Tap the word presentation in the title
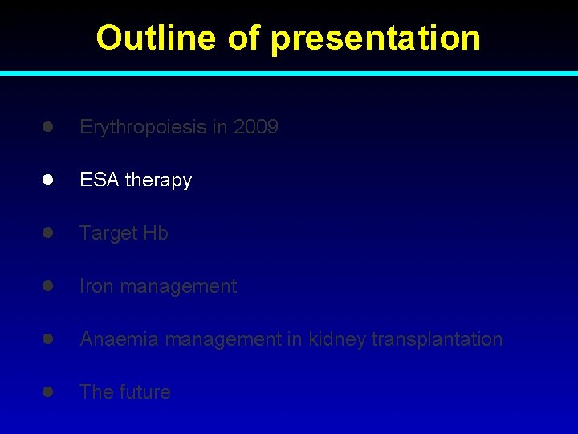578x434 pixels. [x=376, y=38]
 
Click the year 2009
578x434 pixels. [x=256, y=127]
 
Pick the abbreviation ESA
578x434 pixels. [x=98, y=180]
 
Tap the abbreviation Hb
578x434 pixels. [x=156, y=233]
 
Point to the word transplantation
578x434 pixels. [x=438, y=339]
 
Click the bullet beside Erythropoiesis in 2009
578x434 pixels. [x=48, y=127]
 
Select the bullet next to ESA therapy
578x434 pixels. [x=48, y=180]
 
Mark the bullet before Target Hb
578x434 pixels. [x=48, y=233]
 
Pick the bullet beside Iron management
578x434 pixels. [x=48, y=286]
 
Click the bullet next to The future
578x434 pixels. [x=48, y=392]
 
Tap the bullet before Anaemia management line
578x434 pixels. [x=48, y=339]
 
